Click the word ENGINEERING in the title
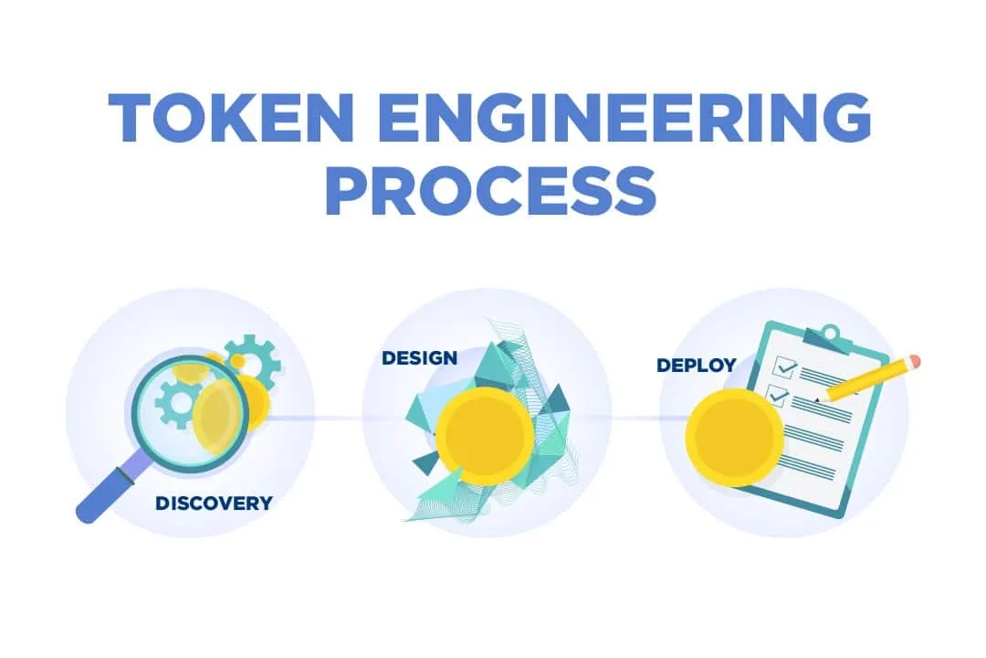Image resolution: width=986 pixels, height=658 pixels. pyautogui.click(x=625, y=118)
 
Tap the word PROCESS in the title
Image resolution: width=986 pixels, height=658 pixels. pyautogui.click(x=491, y=189)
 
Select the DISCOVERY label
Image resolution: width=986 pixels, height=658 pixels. pyautogui.click(x=214, y=504)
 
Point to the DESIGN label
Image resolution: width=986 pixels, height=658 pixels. pyautogui.click(x=419, y=357)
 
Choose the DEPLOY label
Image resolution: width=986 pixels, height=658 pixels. pyautogui.click(x=696, y=366)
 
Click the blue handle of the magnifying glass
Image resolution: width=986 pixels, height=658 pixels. pyautogui.click(x=113, y=489)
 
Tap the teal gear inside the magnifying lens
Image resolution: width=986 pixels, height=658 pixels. pyautogui.click(x=177, y=405)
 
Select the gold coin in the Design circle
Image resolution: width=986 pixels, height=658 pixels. pyautogui.click(x=484, y=436)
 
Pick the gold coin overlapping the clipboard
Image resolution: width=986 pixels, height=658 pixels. pyautogui.click(x=734, y=436)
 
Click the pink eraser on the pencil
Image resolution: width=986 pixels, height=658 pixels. pyautogui.click(x=914, y=361)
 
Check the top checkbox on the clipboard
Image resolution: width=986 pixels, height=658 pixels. pyautogui.click(x=784, y=366)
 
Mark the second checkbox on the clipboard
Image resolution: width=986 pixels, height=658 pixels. pyautogui.click(x=777, y=396)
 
